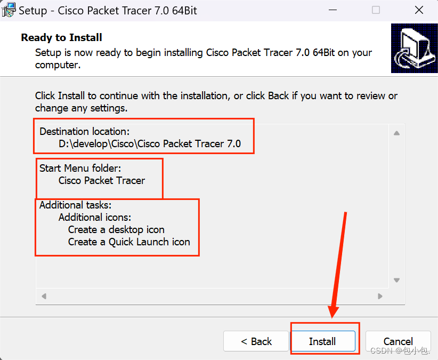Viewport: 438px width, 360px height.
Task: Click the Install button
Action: pyautogui.click(x=323, y=341)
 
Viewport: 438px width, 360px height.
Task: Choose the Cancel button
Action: pyautogui.click(x=398, y=341)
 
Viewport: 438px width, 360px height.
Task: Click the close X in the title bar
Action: pyautogui.click(x=419, y=10)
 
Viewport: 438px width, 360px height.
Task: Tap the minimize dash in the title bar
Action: pyautogui.click(x=332, y=10)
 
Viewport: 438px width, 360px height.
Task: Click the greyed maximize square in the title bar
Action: pyautogui.click(x=376, y=10)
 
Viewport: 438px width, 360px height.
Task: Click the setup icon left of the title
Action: pyautogui.click(x=9, y=10)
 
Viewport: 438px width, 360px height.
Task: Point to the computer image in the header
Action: pyautogui.click(x=414, y=49)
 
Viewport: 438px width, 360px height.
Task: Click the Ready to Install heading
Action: pyautogui.click(x=61, y=37)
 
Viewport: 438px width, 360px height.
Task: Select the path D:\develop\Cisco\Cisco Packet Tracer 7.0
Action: pyautogui.click(x=149, y=143)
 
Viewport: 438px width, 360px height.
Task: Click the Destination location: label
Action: pyautogui.click(x=84, y=131)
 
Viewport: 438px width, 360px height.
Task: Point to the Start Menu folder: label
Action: pyautogui.click(x=80, y=168)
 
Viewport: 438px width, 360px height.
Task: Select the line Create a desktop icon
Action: pyautogui.click(x=116, y=230)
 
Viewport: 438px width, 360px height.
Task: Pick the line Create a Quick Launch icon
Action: pyautogui.click(x=129, y=242)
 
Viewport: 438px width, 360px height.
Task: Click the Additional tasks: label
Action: pyautogui.click(x=76, y=205)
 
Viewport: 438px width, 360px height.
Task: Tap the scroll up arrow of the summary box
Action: pyautogui.click(x=396, y=133)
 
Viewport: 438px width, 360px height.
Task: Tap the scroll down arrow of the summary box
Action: pyautogui.click(x=396, y=280)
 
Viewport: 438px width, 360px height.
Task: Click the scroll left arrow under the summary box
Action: pyautogui.click(x=44, y=296)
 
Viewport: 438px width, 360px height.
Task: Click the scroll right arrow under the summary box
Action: pyautogui.click(x=380, y=296)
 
